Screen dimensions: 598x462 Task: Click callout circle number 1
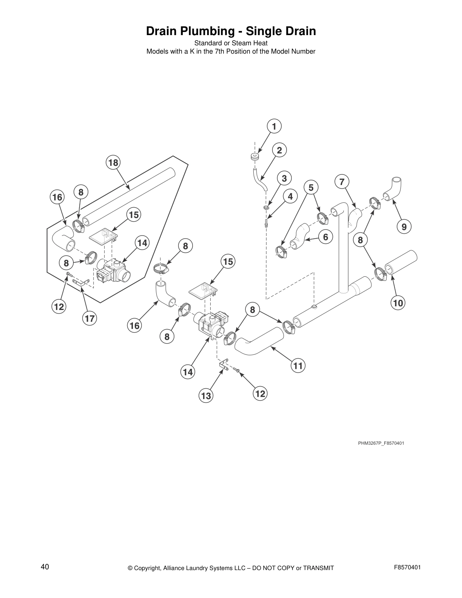pos(274,126)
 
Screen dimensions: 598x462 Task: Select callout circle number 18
pos(113,163)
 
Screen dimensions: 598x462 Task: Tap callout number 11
pos(298,365)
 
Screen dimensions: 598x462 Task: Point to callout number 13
pos(206,396)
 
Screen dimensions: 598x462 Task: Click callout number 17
pos(89,319)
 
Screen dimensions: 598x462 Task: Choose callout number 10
pos(398,302)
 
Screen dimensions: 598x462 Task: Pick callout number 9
pos(404,227)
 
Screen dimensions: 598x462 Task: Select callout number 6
pos(325,237)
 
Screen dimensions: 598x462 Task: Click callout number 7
pos(342,182)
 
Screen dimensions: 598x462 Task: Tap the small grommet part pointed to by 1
pos(255,156)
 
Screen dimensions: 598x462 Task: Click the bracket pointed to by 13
pos(223,365)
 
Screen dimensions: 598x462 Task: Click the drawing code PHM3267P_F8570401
pos(381,443)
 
